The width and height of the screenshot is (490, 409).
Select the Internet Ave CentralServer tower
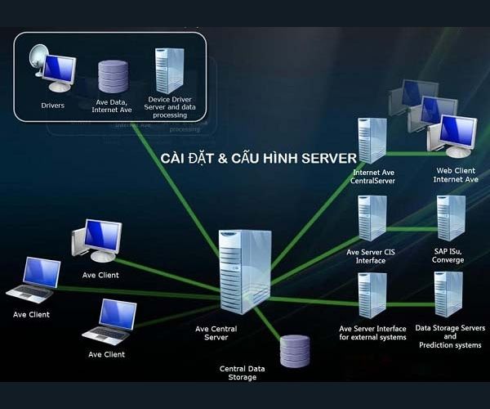[372, 142]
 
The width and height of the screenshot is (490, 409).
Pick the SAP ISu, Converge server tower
[450, 218]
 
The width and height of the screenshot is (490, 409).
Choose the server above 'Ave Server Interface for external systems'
[372, 294]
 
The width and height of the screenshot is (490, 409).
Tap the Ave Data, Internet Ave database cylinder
[111, 76]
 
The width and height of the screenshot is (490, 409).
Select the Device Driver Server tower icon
[168, 70]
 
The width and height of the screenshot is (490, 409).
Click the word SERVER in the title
[328, 157]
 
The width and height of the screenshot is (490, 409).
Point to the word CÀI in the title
[175, 157]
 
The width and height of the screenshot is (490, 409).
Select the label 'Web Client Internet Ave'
[455, 175]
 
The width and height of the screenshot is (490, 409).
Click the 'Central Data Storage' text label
[244, 373]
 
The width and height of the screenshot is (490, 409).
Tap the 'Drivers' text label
[52, 105]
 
